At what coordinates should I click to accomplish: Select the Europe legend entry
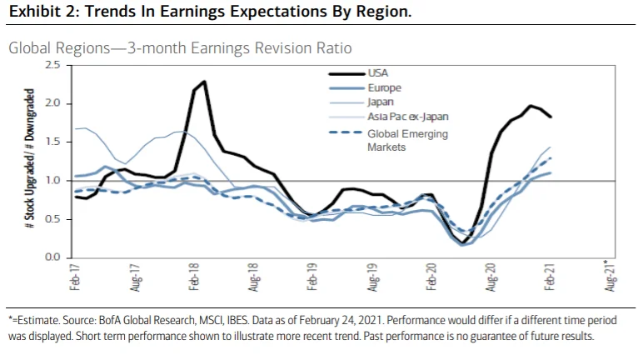point(384,87)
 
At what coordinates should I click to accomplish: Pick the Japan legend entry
point(381,102)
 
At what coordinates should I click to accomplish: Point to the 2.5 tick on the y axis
point(53,65)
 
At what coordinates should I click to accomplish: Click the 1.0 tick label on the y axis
point(53,181)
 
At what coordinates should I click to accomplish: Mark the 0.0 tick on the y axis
point(53,257)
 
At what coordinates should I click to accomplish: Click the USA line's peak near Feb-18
point(204,82)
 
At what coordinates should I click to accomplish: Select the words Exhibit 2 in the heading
point(39,13)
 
